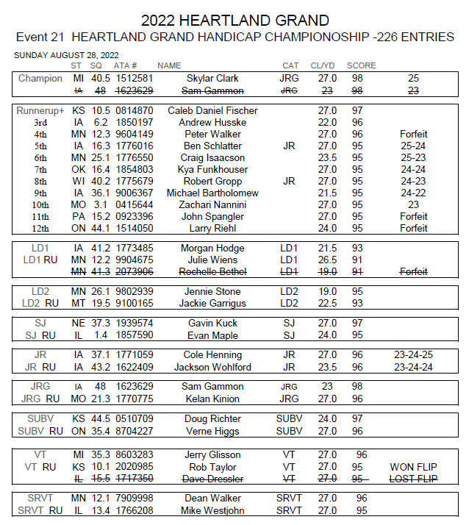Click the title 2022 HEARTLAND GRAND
[234, 20]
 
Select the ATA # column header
[129, 65]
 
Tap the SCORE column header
[361, 65]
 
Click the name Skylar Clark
[212, 79]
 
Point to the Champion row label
[40, 79]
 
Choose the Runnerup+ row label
[40, 110]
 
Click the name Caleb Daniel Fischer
[212, 110]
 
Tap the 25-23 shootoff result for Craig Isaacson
[413, 157]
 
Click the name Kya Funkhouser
[212, 169]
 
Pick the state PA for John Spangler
[77, 216]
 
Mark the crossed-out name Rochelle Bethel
[212, 271]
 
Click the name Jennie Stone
[212, 292]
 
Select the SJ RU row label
[40, 335]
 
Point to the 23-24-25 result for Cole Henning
[413, 355]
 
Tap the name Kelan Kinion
[212, 399]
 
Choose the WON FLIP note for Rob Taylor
[413, 467]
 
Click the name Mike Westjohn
[212, 510]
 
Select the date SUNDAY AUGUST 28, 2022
[67, 55]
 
